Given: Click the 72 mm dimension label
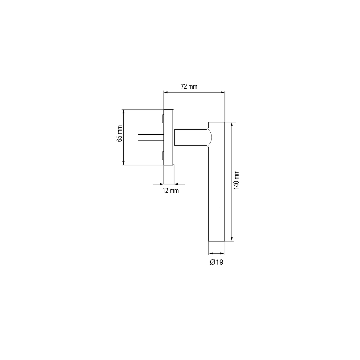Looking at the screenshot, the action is coord(189,86).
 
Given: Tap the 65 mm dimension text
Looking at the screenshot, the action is coord(119,133).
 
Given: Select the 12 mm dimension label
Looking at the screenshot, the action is coord(170,191).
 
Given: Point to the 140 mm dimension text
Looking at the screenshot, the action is coord(236,180).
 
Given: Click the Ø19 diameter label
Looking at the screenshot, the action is coord(217,262).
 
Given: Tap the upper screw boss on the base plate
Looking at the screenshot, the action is coord(163,119).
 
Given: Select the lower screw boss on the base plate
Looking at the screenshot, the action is coord(163,156).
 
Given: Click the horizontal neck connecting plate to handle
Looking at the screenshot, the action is coord(191,137).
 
